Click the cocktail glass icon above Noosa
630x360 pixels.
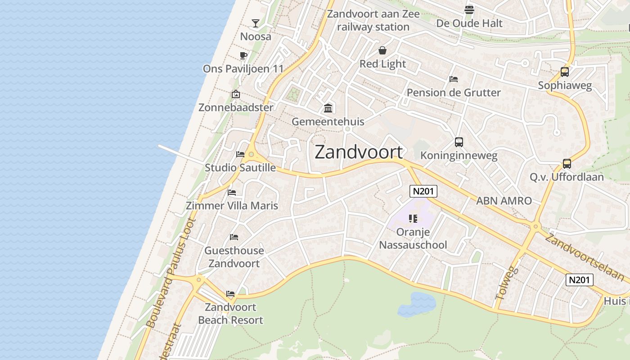(256, 23)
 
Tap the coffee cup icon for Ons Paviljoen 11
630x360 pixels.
(243, 55)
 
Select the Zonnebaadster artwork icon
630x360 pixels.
(235, 94)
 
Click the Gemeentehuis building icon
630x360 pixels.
(328, 108)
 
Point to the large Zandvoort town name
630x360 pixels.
(359, 152)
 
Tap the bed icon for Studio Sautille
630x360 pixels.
(240, 154)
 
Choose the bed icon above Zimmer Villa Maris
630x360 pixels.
(232, 192)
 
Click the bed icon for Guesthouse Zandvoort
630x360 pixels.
(234, 237)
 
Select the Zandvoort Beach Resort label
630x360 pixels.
(230, 314)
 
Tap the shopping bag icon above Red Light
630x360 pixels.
(382, 50)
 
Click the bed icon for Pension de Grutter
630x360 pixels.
(454, 79)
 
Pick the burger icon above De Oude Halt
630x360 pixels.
(469, 9)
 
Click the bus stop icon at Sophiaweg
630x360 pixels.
(565, 72)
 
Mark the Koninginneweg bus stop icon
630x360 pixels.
(459, 142)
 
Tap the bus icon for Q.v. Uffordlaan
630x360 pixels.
(567, 163)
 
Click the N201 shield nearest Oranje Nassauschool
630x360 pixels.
(423, 191)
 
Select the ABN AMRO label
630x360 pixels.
(504, 201)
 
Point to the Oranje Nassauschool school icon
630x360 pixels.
(413, 219)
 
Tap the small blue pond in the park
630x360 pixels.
(417, 304)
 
